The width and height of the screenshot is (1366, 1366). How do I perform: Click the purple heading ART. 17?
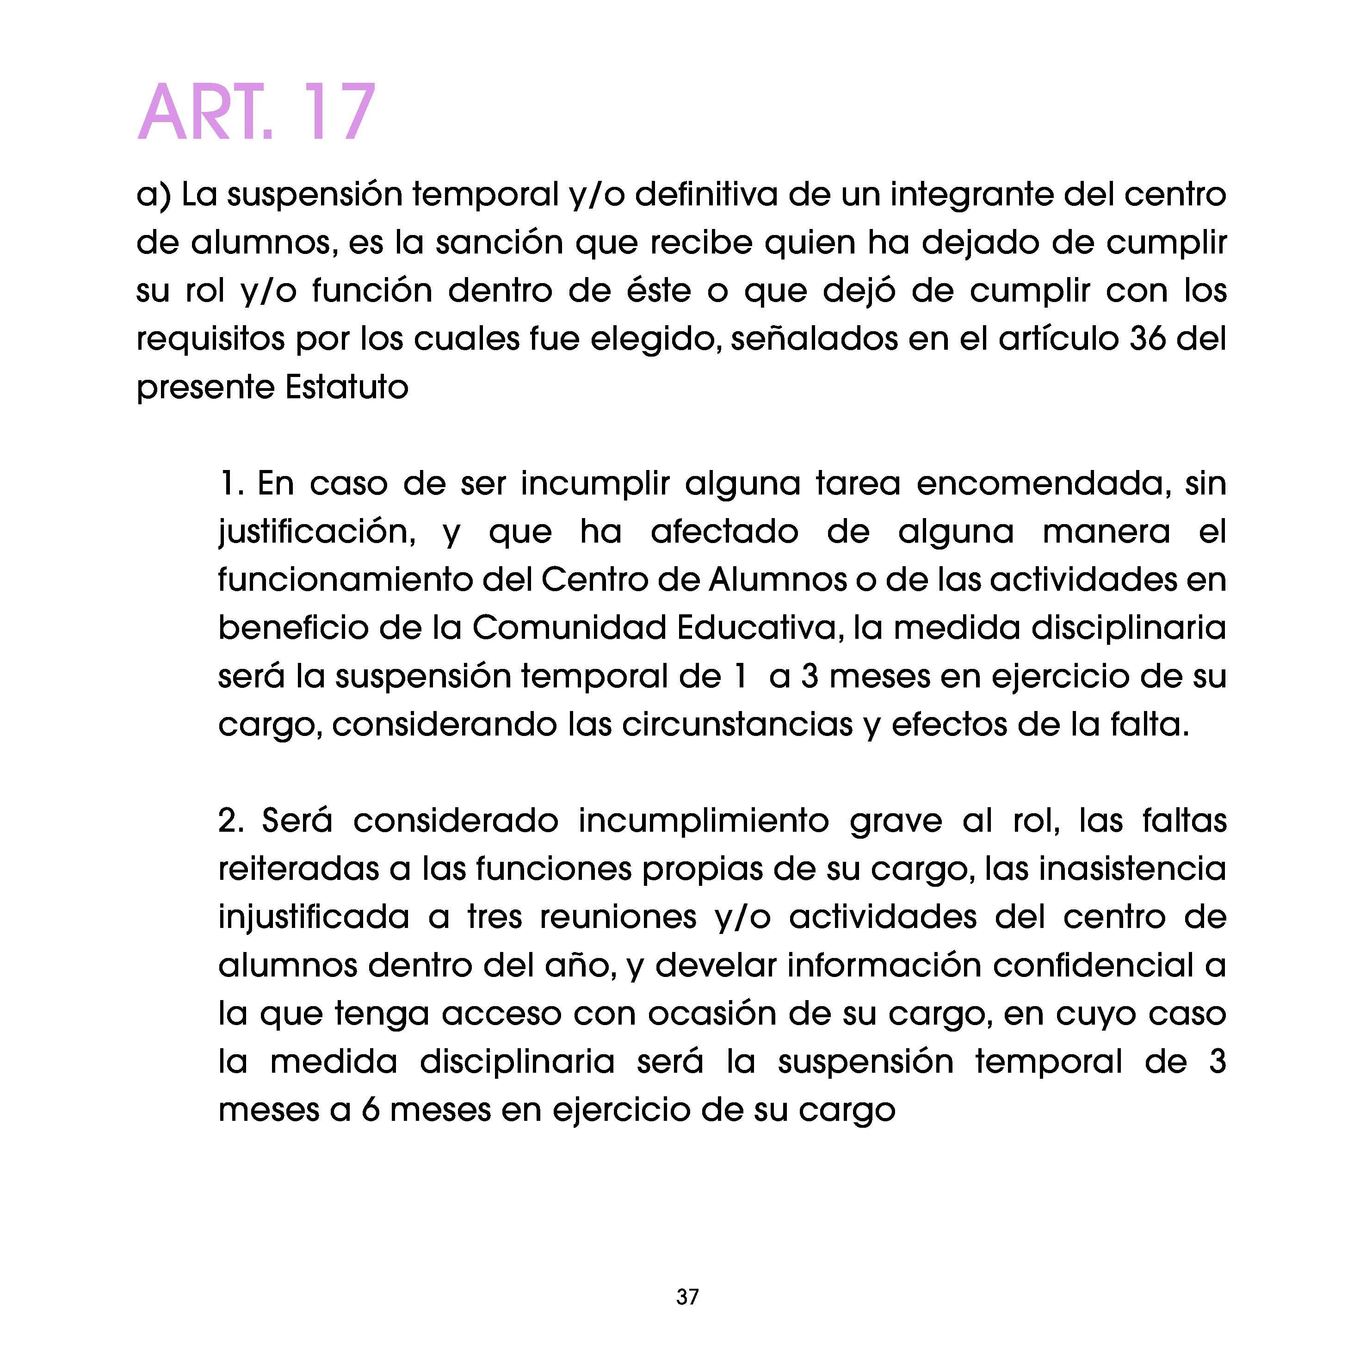[256, 114]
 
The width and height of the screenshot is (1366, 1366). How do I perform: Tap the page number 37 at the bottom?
[687, 1297]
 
